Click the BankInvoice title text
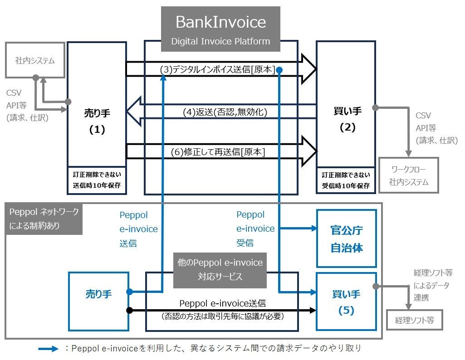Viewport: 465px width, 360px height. click(x=220, y=22)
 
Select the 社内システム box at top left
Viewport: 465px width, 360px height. click(x=35, y=60)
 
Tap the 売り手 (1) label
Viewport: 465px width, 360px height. click(x=97, y=121)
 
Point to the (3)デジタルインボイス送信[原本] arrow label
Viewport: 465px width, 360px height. click(x=218, y=69)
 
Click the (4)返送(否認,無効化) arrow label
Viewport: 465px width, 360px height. click(x=225, y=111)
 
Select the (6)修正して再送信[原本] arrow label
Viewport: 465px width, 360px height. click(x=218, y=153)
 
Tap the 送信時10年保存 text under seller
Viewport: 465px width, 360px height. click(x=97, y=185)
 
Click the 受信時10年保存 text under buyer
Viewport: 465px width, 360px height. click(x=346, y=185)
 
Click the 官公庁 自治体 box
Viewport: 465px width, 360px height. click(x=347, y=239)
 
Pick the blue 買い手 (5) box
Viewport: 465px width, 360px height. click(x=347, y=302)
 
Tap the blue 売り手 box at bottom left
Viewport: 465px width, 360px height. click(x=98, y=294)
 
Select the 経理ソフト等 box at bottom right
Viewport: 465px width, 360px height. click(x=414, y=320)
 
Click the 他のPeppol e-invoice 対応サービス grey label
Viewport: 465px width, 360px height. click(x=220, y=270)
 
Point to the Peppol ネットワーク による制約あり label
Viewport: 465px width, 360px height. click(x=44, y=219)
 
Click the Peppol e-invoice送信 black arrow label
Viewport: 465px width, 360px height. click(x=222, y=303)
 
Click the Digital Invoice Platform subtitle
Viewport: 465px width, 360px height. click(x=220, y=41)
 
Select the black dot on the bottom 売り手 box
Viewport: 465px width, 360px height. click(x=129, y=311)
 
